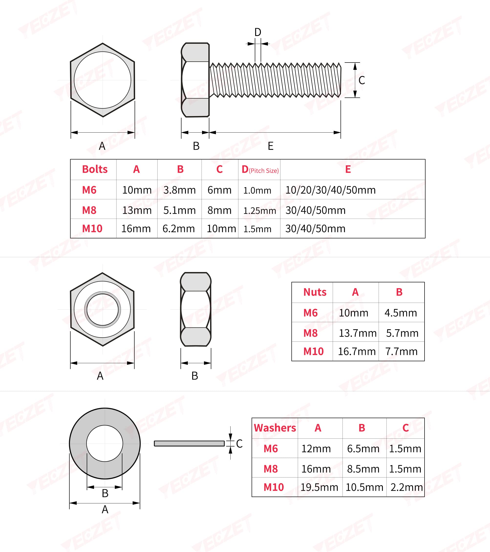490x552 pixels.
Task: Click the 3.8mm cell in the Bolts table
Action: point(179,190)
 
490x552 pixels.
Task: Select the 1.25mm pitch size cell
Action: point(260,211)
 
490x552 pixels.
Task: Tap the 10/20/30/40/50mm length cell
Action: point(330,190)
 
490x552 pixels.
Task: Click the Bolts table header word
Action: point(95,169)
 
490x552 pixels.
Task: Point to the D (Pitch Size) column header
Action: point(260,170)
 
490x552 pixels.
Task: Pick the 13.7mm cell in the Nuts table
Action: point(358,333)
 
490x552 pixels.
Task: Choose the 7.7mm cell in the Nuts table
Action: point(401,351)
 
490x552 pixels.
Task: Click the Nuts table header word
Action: point(315,292)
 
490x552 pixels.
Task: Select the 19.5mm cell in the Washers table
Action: point(319,487)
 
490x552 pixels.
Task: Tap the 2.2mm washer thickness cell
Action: point(406,487)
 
